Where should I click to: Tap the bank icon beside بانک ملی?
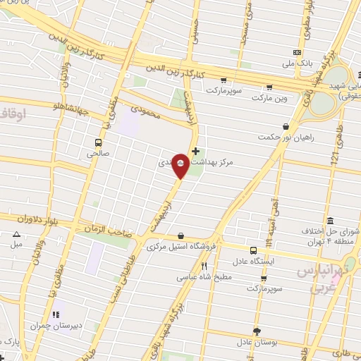pyautogui.click(x=298, y=52)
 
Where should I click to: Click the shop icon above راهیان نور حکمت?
pyautogui.click(x=285, y=128)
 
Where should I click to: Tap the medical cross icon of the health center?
pyautogui.click(x=195, y=151)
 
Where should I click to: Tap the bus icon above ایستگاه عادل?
pyautogui.click(x=253, y=250)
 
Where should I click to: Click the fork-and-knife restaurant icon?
pyautogui.click(x=204, y=267)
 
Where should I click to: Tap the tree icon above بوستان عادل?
pyautogui.click(x=256, y=331)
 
